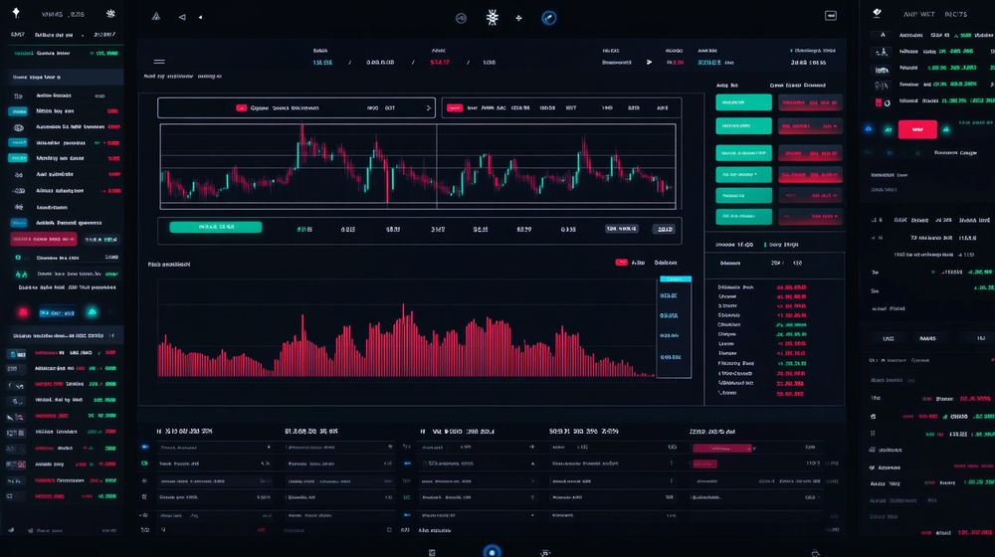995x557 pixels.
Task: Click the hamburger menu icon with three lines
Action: [x=159, y=62]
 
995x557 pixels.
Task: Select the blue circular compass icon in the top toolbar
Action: [x=548, y=17]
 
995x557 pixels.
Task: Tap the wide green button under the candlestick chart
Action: [x=215, y=227]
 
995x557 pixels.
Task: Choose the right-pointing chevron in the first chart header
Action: [x=428, y=107]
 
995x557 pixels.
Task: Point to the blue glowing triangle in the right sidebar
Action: [x=871, y=128]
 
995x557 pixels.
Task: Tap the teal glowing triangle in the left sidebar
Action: [x=93, y=311]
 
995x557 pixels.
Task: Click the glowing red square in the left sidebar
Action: [x=24, y=311]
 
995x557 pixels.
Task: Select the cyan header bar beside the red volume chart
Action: [x=675, y=279]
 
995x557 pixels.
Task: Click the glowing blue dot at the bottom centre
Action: [x=492, y=550]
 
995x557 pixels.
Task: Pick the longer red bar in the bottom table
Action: [x=719, y=449]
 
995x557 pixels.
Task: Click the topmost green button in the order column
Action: [x=743, y=101]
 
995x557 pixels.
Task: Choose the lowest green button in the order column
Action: [x=743, y=217]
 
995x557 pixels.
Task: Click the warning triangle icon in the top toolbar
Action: [x=155, y=17]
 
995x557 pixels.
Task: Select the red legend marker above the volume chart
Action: [x=622, y=263]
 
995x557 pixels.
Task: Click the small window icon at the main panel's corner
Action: [x=831, y=16]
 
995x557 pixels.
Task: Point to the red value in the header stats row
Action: [x=439, y=62]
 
